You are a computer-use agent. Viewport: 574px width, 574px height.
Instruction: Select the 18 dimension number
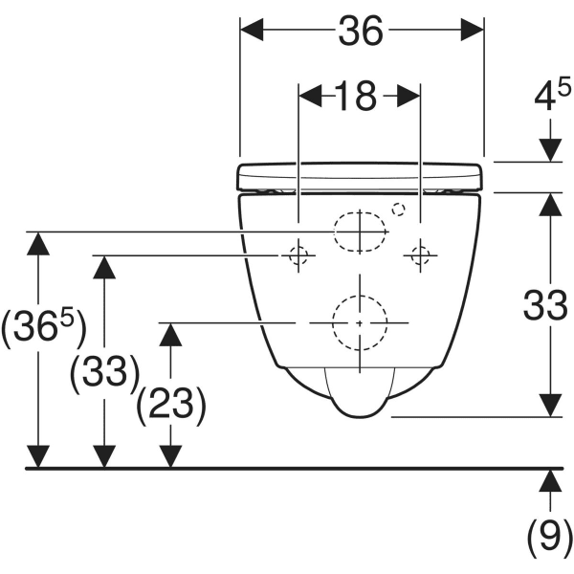pyautogui.click(x=356, y=97)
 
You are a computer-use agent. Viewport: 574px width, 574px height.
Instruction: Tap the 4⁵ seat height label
pyautogui.click(x=552, y=96)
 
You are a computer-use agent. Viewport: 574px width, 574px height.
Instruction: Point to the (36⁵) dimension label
pyautogui.click(x=44, y=328)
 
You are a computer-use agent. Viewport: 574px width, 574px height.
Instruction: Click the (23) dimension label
pyautogui.click(x=171, y=407)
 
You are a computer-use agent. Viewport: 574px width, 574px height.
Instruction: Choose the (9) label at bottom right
pyautogui.click(x=550, y=538)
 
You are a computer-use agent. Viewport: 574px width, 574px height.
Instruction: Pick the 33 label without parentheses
pyautogui.click(x=545, y=305)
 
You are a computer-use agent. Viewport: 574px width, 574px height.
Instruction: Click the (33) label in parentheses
pyautogui.click(x=105, y=374)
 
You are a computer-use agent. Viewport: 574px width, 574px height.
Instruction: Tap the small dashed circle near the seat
pyautogui.click(x=398, y=210)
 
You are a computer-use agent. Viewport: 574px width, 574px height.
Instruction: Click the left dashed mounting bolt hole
pyautogui.click(x=298, y=255)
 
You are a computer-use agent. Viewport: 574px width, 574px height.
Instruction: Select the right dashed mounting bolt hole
pyautogui.click(x=420, y=255)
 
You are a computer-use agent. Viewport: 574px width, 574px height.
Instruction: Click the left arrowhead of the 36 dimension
pyautogui.click(x=252, y=30)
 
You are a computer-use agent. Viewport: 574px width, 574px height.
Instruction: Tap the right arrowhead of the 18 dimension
pyautogui.click(x=408, y=97)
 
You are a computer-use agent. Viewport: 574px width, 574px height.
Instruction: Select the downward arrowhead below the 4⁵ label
pyautogui.click(x=550, y=150)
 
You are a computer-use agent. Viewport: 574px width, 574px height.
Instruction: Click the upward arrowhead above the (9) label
pyautogui.click(x=550, y=480)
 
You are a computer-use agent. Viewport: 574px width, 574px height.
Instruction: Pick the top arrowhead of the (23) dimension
pyautogui.click(x=170, y=335)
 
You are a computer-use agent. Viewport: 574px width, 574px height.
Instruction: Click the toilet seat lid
pyautogui.click(x=361, y=177)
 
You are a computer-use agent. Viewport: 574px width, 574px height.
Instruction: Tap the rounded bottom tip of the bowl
pyautogui.click(x=360, y=416)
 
